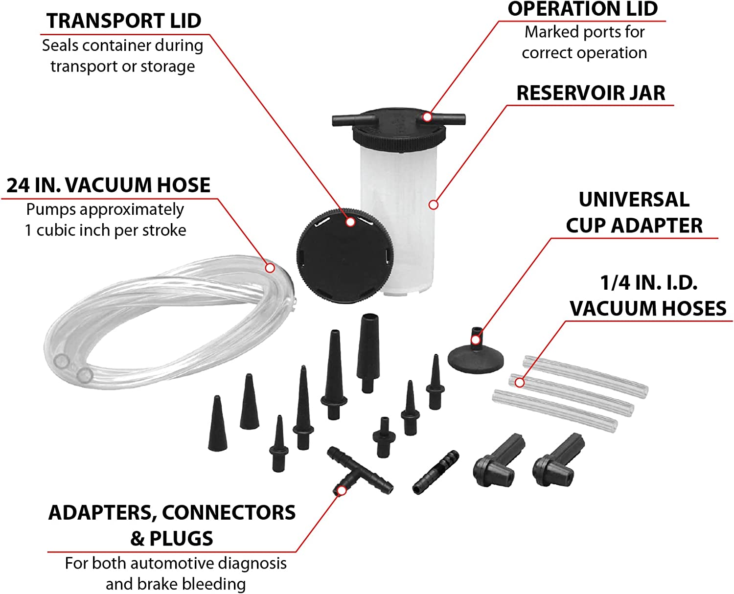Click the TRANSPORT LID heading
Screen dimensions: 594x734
pyautogui.click(x=124, y=21)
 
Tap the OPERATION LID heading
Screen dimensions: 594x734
pyautogui.click(x=582, y=9)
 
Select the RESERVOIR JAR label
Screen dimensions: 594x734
pyautogui.click(x=591, y=93)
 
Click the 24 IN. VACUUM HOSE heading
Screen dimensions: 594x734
pyautogui.click(x=108, y=185)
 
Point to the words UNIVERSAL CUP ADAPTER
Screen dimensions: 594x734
pyautogui.click(x=634, y=212)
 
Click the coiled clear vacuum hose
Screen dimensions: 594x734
pyautogui.click(x=161, y=318)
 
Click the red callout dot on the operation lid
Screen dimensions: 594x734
pyautogui.click(x=427, y=117)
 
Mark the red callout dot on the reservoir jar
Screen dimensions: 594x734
pyautogui.click(x=433, y=205)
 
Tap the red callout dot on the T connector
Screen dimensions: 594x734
pyautogui.click(x=342, y=490)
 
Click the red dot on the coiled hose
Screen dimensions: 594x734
pyautogui.click(x=270, y=268)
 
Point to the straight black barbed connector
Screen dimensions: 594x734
pyautogui.click(x=436, y=472)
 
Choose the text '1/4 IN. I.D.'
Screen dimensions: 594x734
pyautogui.click(x=648, y=283)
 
